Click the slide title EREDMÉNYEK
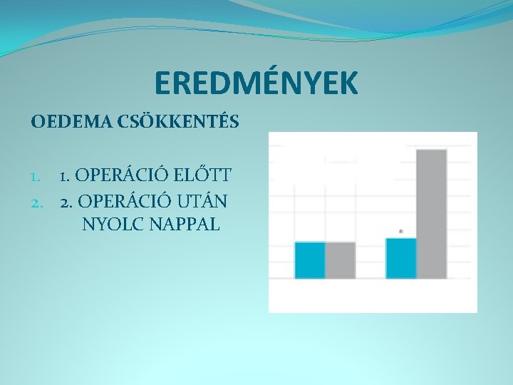[256, 83]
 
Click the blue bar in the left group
[310, 260]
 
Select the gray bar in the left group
[340, 260]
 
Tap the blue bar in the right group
[401, 258]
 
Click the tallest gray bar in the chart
[431, 214]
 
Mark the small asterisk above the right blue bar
[401, 231]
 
